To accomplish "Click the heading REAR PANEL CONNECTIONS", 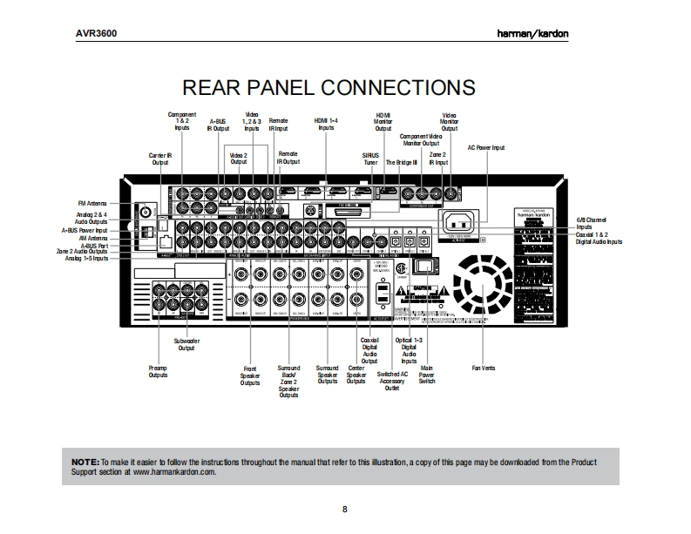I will [x=328, y=88].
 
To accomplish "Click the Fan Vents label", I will [x=483, y=368].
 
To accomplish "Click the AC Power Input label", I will [x=486, y=148].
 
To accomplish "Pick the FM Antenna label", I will [x=92, y=203].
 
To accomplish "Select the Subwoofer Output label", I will [x=186, y=344].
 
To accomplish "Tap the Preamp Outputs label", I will [x=159, y=372].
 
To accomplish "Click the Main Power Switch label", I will [x=426, y=375].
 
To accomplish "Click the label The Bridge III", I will [x=402, y=162].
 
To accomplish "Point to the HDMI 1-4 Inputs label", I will [x=326, y=123].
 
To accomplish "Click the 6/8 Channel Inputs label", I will [x=592, y=224].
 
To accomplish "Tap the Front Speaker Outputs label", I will [x=250, y=375].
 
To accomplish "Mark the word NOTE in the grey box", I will [x=85, y=461].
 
